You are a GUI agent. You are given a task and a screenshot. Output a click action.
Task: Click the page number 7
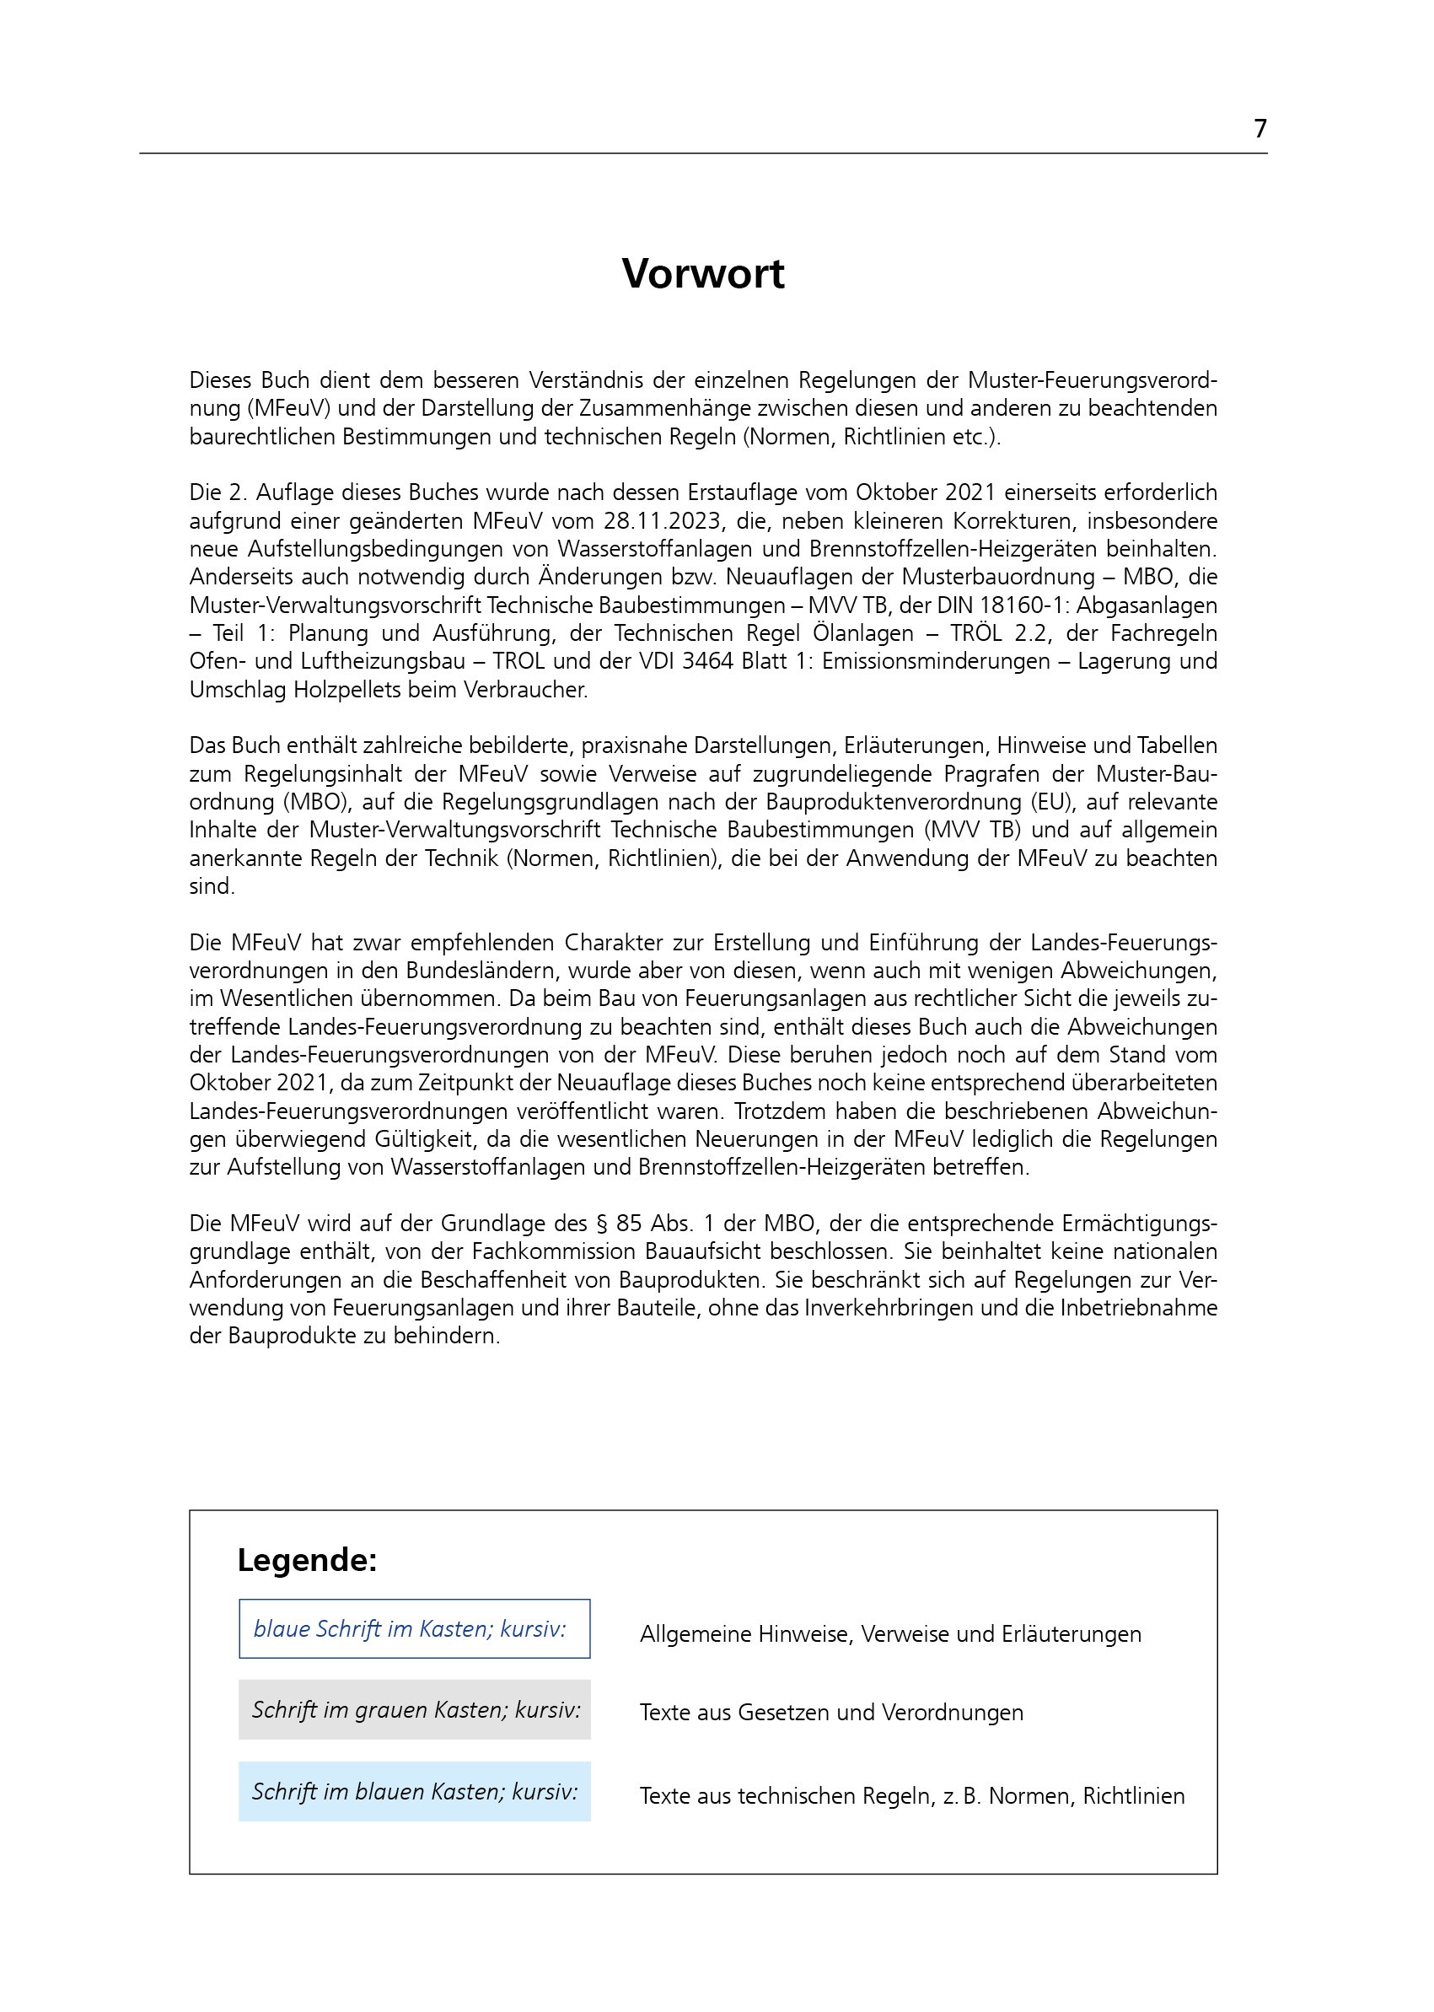coord(1260,129)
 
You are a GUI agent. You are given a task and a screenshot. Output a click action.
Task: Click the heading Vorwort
coord(703,274)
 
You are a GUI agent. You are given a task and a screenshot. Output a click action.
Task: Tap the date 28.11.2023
coord(656,521)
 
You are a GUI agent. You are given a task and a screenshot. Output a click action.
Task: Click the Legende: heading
coord(307,1561)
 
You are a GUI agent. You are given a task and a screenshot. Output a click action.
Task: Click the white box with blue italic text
coord(414,1628)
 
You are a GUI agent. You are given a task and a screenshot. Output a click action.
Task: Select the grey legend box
coord(414,1710)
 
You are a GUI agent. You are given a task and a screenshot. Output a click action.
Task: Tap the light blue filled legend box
coord(414,1792)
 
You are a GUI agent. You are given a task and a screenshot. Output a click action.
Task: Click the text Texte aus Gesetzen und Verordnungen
coord(831,1713)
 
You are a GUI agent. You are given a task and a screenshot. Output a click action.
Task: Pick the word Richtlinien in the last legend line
coord(1134,1796)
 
